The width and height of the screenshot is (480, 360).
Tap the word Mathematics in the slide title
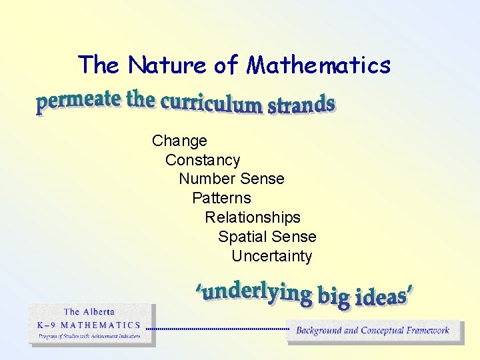[x=319, y=65]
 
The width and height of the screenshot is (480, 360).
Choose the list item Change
[x=179, y=141]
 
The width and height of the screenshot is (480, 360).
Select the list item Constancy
[x=203, y=160]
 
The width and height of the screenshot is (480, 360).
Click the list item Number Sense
[x=231, y=179]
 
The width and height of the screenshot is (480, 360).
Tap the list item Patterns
[x=221, y=198]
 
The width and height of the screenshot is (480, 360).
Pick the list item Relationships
[x=253, y=217]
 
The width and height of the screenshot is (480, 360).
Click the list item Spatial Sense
[x=267, y=237]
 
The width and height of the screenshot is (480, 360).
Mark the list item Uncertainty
[x=271, y=256]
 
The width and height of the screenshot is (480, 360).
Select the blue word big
[x=334, y=297]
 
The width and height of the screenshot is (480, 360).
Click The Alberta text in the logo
[x=89, y=311]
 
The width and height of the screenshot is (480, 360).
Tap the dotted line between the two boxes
[x=217, y=329]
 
